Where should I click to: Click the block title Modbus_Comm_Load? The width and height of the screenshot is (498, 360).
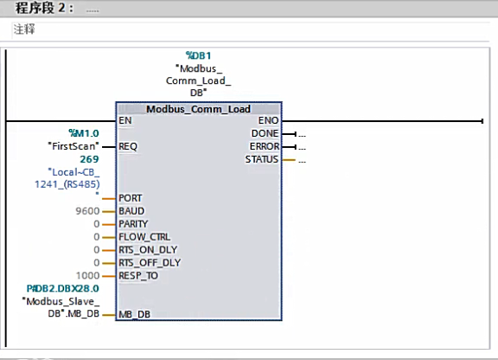click(198, 109)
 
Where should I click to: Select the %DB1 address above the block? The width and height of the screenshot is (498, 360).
click(198, 55)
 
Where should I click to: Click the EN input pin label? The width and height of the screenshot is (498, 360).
click(126, 121)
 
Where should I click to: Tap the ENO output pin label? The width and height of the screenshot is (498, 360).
click(268, 121)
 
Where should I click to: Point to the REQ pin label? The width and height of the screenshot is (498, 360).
click(129, 146)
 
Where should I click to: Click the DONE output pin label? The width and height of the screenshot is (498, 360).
click(265, 134)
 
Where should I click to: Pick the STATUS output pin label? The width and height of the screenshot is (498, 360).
click(262, 160)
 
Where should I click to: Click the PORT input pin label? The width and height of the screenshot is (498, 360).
click(131, 198)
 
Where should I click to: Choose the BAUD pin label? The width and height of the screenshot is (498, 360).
click(131, 211)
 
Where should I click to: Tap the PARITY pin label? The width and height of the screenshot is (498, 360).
click(134, 224)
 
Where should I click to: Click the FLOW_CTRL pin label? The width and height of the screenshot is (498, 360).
click(144, 237)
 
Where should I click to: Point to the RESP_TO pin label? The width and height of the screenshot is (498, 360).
click(138, 276)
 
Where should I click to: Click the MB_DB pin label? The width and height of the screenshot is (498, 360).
click(134, 315)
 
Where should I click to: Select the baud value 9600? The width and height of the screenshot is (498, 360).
click(87, 211)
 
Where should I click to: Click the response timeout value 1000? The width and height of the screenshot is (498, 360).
click(87, 276)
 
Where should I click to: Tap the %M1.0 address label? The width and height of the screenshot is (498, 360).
click(83, 133)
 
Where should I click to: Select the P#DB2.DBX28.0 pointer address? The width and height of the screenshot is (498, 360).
click(63, 287)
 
